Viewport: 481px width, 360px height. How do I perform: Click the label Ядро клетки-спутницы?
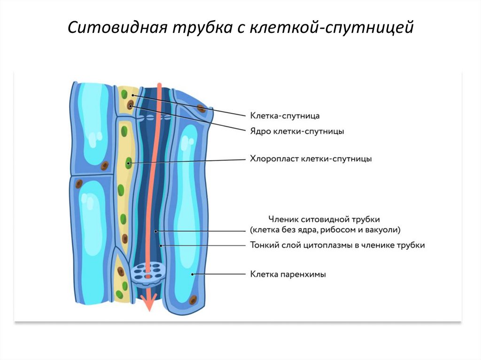297,131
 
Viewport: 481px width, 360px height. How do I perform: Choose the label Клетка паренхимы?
288,274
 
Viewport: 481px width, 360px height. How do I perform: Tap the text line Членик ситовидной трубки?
324,219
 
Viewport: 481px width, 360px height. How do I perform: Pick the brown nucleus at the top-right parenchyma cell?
201,109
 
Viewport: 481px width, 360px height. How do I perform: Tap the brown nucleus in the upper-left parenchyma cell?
104,166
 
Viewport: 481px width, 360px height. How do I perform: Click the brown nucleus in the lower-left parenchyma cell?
79,184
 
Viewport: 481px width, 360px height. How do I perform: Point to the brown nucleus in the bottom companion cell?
121,271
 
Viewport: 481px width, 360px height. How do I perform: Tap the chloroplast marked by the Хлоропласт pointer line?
128,164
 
